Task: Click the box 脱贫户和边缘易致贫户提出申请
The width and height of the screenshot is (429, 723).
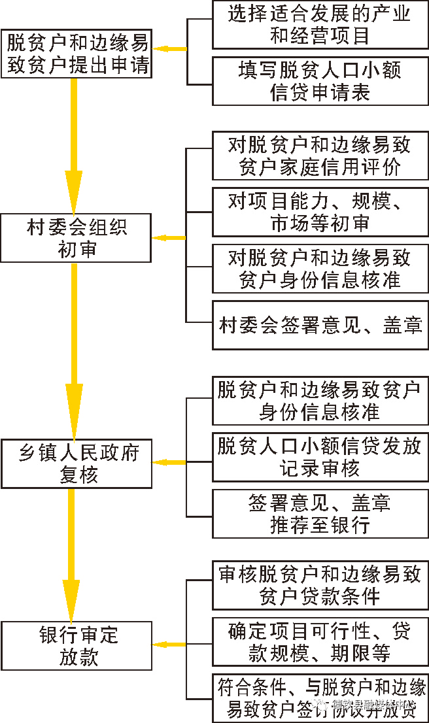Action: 77,54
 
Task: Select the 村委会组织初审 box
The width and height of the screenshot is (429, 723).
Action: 77,238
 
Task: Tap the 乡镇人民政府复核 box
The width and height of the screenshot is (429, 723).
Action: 77,463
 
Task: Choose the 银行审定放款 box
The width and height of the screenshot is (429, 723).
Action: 77,646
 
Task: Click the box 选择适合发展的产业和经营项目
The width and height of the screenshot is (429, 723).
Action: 320,25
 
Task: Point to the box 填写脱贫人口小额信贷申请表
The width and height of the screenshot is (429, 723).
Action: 320,81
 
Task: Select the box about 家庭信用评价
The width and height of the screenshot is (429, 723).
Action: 320,156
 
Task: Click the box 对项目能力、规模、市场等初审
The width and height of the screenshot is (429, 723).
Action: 320,212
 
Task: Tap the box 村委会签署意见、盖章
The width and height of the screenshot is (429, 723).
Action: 320,325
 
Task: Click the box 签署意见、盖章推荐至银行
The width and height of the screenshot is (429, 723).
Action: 320,513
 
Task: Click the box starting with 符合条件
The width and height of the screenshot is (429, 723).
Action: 320,698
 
